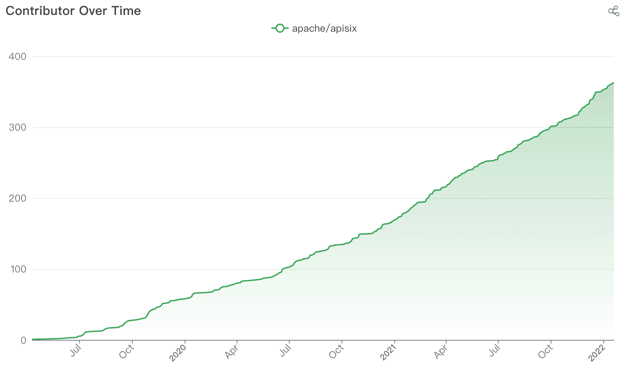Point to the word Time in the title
coord(126,11)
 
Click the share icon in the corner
coord(613,11)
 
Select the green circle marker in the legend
coord(280,28)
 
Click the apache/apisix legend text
coord(324,28)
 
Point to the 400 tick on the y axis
coord(17,56)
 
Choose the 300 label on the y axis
coord(17,127)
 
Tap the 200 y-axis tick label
coord(17,198)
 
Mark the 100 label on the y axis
coord(17,269)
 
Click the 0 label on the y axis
coord(23,340)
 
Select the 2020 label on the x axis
coord(177,353)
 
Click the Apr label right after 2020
coord(232,352)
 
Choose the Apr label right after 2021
coord(441,352)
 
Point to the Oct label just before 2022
coord(545,352)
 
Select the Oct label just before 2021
coord(336,352)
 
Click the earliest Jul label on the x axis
coord(75,351)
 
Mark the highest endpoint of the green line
coord(613,83)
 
